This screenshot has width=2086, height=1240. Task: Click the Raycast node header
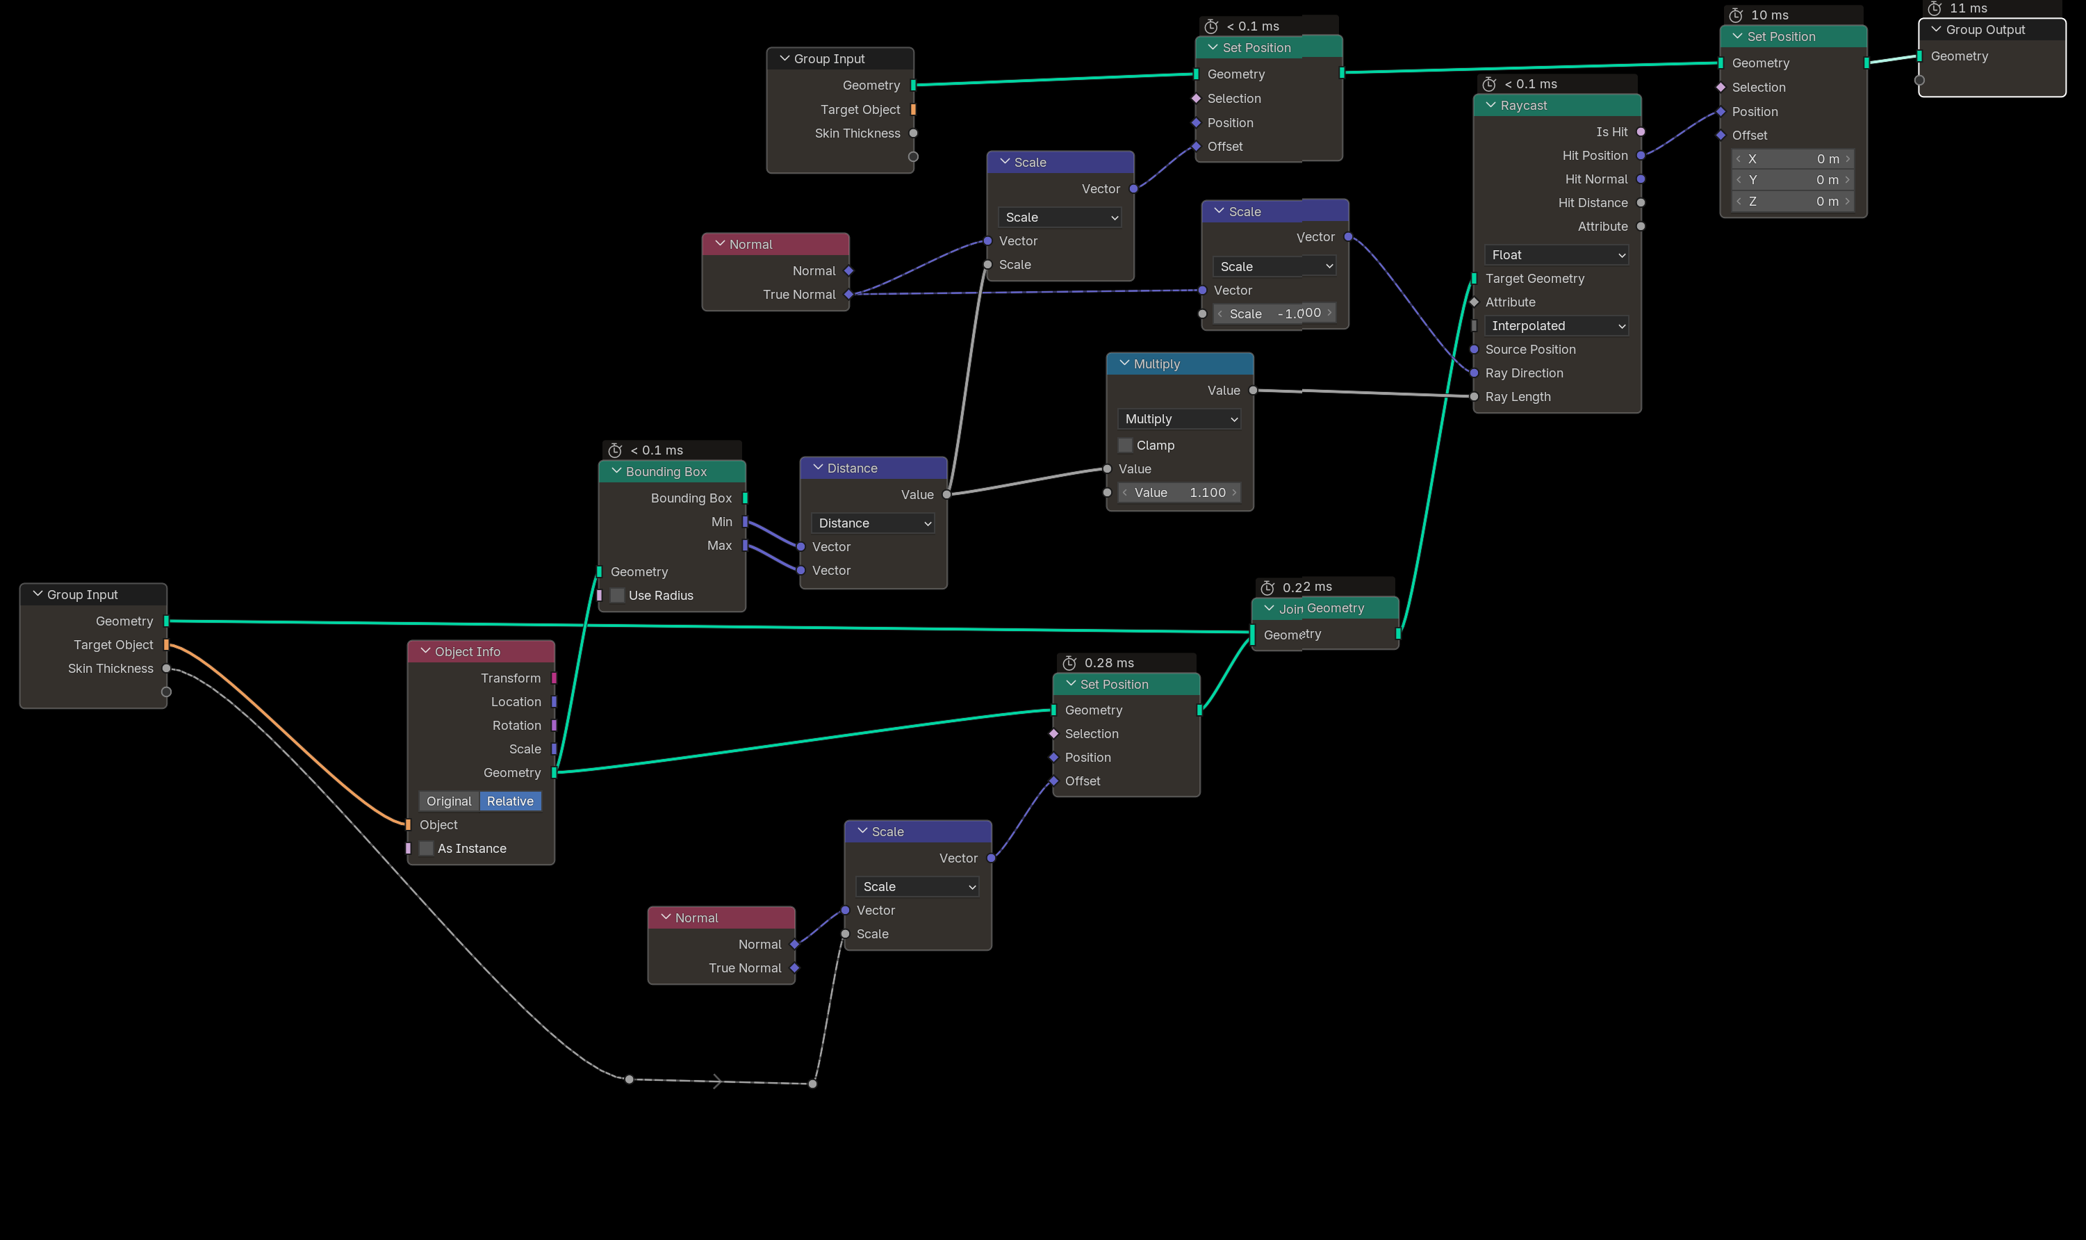[1557, 105]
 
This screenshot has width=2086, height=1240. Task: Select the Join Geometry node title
[1321, 608]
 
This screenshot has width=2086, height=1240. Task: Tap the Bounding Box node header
[671, 471]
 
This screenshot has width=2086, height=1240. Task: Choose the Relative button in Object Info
[510, 801]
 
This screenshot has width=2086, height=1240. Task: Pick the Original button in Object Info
[450, 801]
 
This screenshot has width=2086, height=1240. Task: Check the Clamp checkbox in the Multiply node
[1125, 446]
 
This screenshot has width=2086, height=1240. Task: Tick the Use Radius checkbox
[617, 595]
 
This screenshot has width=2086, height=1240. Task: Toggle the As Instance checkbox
[426, 848]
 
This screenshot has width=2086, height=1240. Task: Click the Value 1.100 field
[1179, 492]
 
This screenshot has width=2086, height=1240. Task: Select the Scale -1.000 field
[1274, 313]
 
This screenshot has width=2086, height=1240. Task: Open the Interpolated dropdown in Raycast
[1557, 326]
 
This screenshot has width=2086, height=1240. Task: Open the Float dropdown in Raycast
[1557, 255]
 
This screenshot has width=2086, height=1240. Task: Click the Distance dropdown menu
[873, 523]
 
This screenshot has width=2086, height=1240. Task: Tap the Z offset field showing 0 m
[1793, 202]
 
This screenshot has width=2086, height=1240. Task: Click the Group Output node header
[1991, 30]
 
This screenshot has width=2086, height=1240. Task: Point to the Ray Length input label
[1518, 397]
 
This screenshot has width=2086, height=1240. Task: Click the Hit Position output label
[1595, 156]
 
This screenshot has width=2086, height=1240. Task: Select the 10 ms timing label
[1770, 15]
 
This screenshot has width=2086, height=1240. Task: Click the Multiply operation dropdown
[1179, 418]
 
